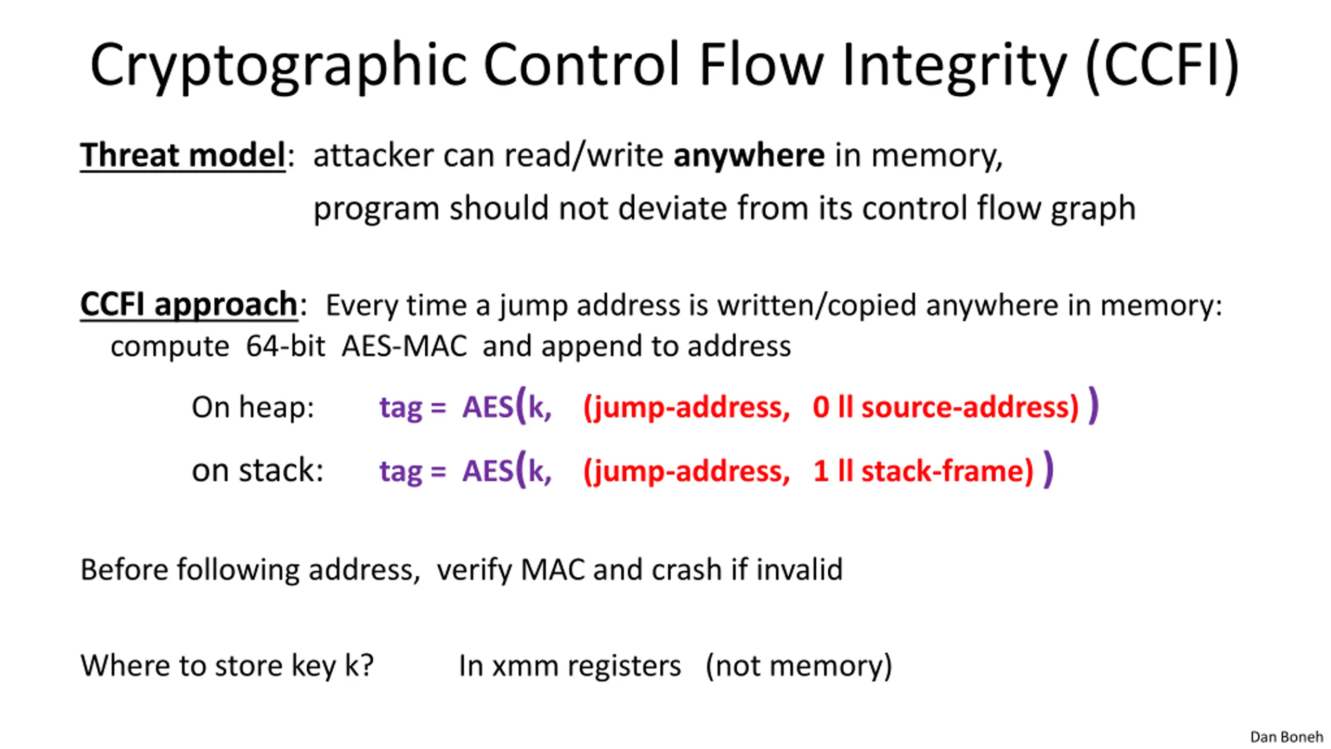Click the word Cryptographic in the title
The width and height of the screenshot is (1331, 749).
tap(278, 66)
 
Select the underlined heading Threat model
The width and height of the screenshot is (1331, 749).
tap(183, 155)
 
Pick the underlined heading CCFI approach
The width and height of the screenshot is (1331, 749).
tap(189, 304)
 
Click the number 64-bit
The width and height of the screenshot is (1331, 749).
tap(286, 346)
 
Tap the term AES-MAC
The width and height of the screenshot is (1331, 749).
tap(404, 346)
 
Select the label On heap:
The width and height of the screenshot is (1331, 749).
tap(253, 407)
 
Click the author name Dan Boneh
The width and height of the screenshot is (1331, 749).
tap(1286, 737)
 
